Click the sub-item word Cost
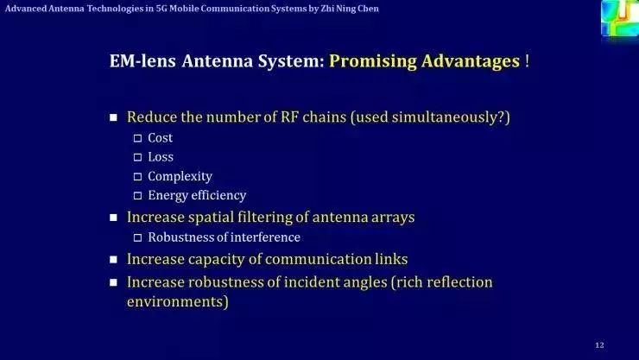160,138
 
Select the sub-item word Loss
160,157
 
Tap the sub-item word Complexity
180,176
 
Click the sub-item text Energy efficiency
197,195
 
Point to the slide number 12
600,345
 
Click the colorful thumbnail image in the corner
619,17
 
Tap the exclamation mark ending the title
527,61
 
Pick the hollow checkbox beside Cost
137,138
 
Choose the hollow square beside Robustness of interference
137,237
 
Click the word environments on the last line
177,302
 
